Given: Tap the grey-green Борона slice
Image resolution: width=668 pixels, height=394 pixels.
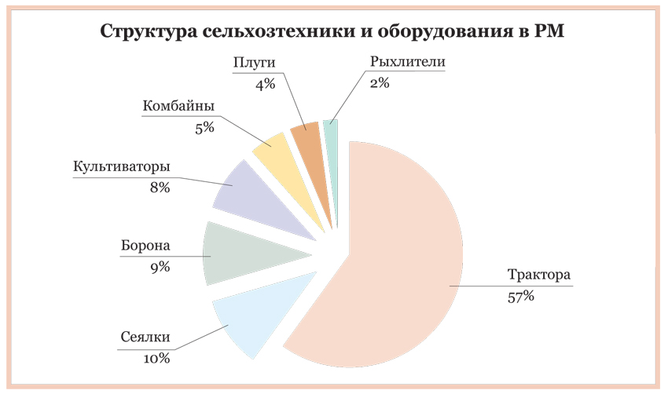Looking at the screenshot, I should tap(236, 253).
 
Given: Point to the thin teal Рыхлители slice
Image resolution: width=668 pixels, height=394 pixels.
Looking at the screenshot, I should tap(331, 133).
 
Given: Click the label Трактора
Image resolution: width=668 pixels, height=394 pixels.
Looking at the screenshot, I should tap(538, 276).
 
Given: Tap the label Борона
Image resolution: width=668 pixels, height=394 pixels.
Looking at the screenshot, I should tap(145, 246).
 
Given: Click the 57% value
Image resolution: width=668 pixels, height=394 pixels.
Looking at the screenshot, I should tap(521, 297).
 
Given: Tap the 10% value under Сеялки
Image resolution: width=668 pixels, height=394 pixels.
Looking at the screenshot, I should tap(157, 359).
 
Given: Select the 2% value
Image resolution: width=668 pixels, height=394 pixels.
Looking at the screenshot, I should tap(380, 82).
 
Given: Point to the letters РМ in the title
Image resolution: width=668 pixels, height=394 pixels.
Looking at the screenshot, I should tap(549, 32).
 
